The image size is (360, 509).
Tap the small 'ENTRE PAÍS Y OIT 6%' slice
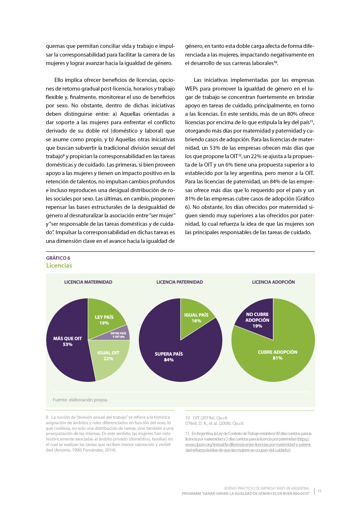[x=120, y=335]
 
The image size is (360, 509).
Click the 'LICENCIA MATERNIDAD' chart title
[x=88, y=282]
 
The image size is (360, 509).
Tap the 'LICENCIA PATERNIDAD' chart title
[x=180, y=282]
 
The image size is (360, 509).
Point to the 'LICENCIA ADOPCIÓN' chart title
[x=273, y=282]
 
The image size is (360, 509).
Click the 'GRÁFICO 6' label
[x=58, y=258]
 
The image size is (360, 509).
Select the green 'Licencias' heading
[x=59, y=266]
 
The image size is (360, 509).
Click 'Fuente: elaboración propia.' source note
[x=80, y=400]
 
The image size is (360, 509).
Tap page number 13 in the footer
[x=319, y=491]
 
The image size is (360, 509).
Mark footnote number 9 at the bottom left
[x=47, y=417]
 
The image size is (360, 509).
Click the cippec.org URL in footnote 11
[x=248, y=445]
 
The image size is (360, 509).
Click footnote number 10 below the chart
[x=187, y=418]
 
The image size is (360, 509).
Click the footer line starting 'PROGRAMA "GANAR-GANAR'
[x=246, y=494]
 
